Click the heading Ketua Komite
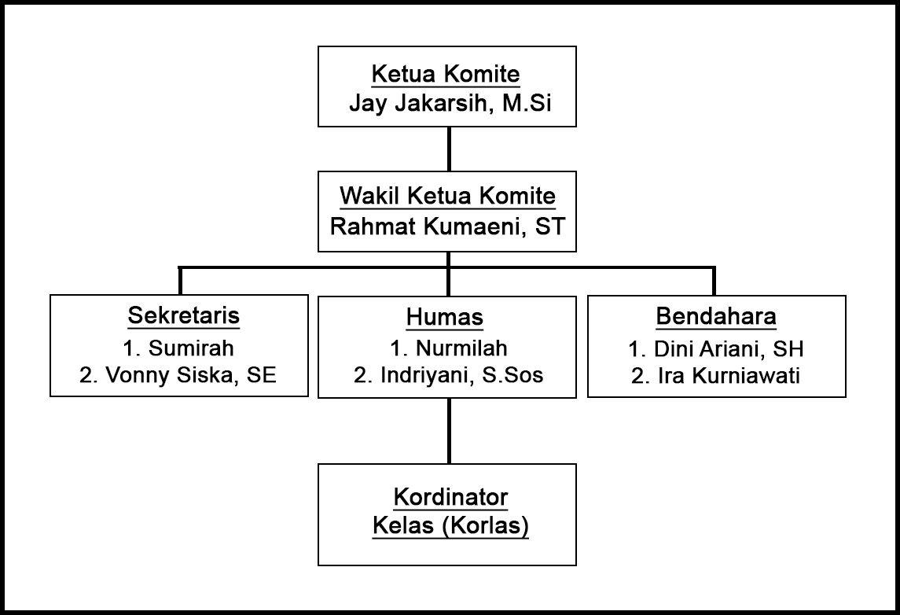(446, 75)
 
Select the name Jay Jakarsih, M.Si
(446, 103)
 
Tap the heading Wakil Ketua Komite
(446, 197)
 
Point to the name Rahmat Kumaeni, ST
(446, 226)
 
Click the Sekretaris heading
(183, 316)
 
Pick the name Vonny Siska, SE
(178, 375)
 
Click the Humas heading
(445, 317)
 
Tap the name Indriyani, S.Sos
(448, 375)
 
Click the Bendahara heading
(716, 316)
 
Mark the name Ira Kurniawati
(716, 376)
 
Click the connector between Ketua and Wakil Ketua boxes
(448, 149)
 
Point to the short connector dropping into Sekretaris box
(181, 281)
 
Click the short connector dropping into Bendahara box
(714, 281)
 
